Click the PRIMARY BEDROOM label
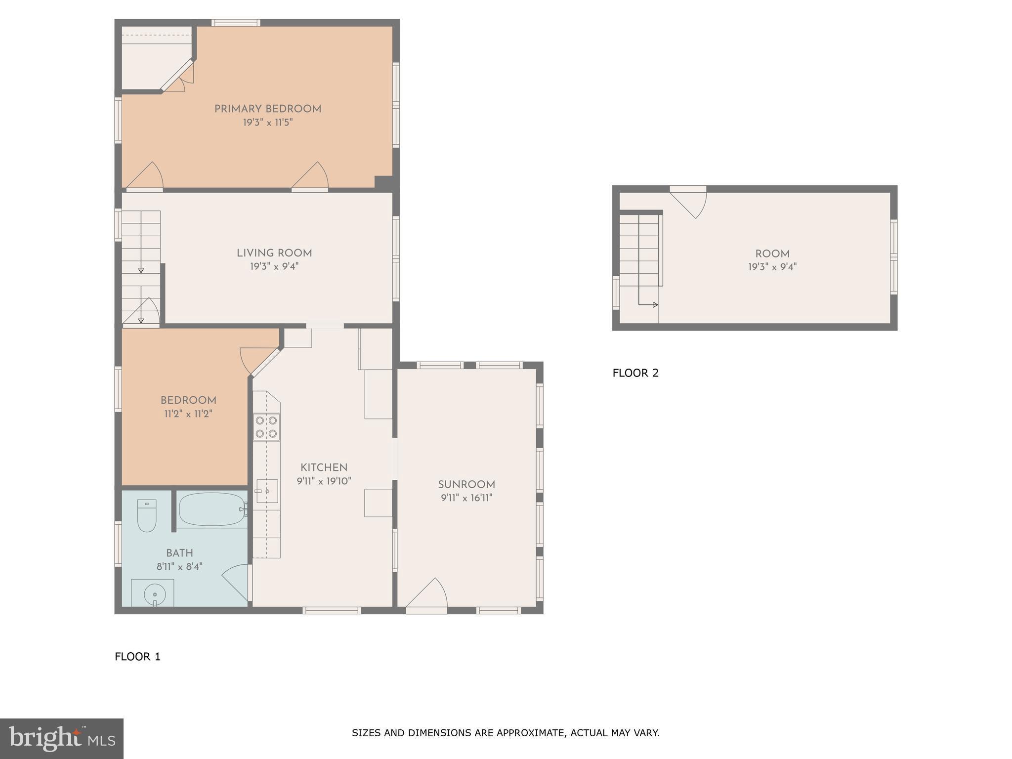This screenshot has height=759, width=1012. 267,109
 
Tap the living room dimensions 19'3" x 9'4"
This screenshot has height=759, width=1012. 274,266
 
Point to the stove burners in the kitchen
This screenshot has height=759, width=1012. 266,427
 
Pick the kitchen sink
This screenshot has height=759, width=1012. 267,491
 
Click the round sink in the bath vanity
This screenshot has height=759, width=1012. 155,594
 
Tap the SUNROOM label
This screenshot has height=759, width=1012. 466,485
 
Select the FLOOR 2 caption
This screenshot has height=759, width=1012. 635,373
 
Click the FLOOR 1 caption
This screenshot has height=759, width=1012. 137,657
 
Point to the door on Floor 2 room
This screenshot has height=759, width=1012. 691,202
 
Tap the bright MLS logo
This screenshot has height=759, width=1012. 61,739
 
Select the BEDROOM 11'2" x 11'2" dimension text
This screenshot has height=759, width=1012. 188,414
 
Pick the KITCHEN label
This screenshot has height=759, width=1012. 324,467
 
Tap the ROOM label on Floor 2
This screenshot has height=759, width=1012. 772,254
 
